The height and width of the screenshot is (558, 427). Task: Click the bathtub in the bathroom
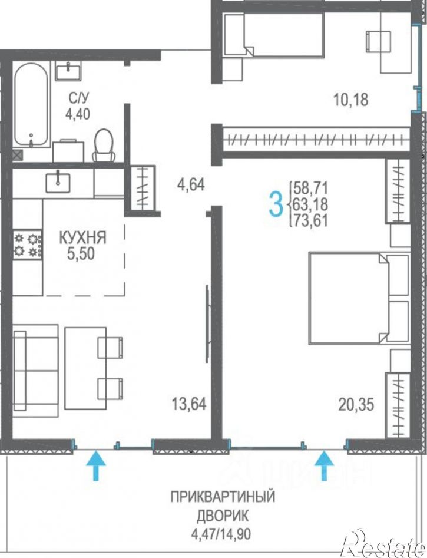tap(31, 104)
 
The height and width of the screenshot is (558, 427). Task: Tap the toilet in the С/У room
tap(104, 145)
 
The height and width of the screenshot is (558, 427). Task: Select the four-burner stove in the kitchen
tap(28, 245)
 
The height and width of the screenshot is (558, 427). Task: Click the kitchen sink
tap(58, 181)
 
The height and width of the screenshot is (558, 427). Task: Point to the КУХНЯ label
tap(82, 237)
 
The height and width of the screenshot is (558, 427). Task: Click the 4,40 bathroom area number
tap(77, 114)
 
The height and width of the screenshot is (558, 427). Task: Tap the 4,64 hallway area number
tap(191, 184)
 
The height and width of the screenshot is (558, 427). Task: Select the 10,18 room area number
tap(350, 100)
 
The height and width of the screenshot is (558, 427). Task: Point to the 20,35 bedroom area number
tap(356, 405)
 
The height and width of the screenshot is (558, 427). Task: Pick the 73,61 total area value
tap(310, 221)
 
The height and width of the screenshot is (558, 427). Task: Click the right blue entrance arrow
tap(324, 465)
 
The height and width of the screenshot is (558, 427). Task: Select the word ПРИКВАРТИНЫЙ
tap(223, 496)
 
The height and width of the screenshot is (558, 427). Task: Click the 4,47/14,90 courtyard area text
tap(221, 534)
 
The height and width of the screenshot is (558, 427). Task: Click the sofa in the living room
tap(35, 371)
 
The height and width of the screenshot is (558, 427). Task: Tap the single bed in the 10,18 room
tap(274, 35)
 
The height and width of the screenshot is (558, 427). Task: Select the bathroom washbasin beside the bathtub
tap(68, 71)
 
